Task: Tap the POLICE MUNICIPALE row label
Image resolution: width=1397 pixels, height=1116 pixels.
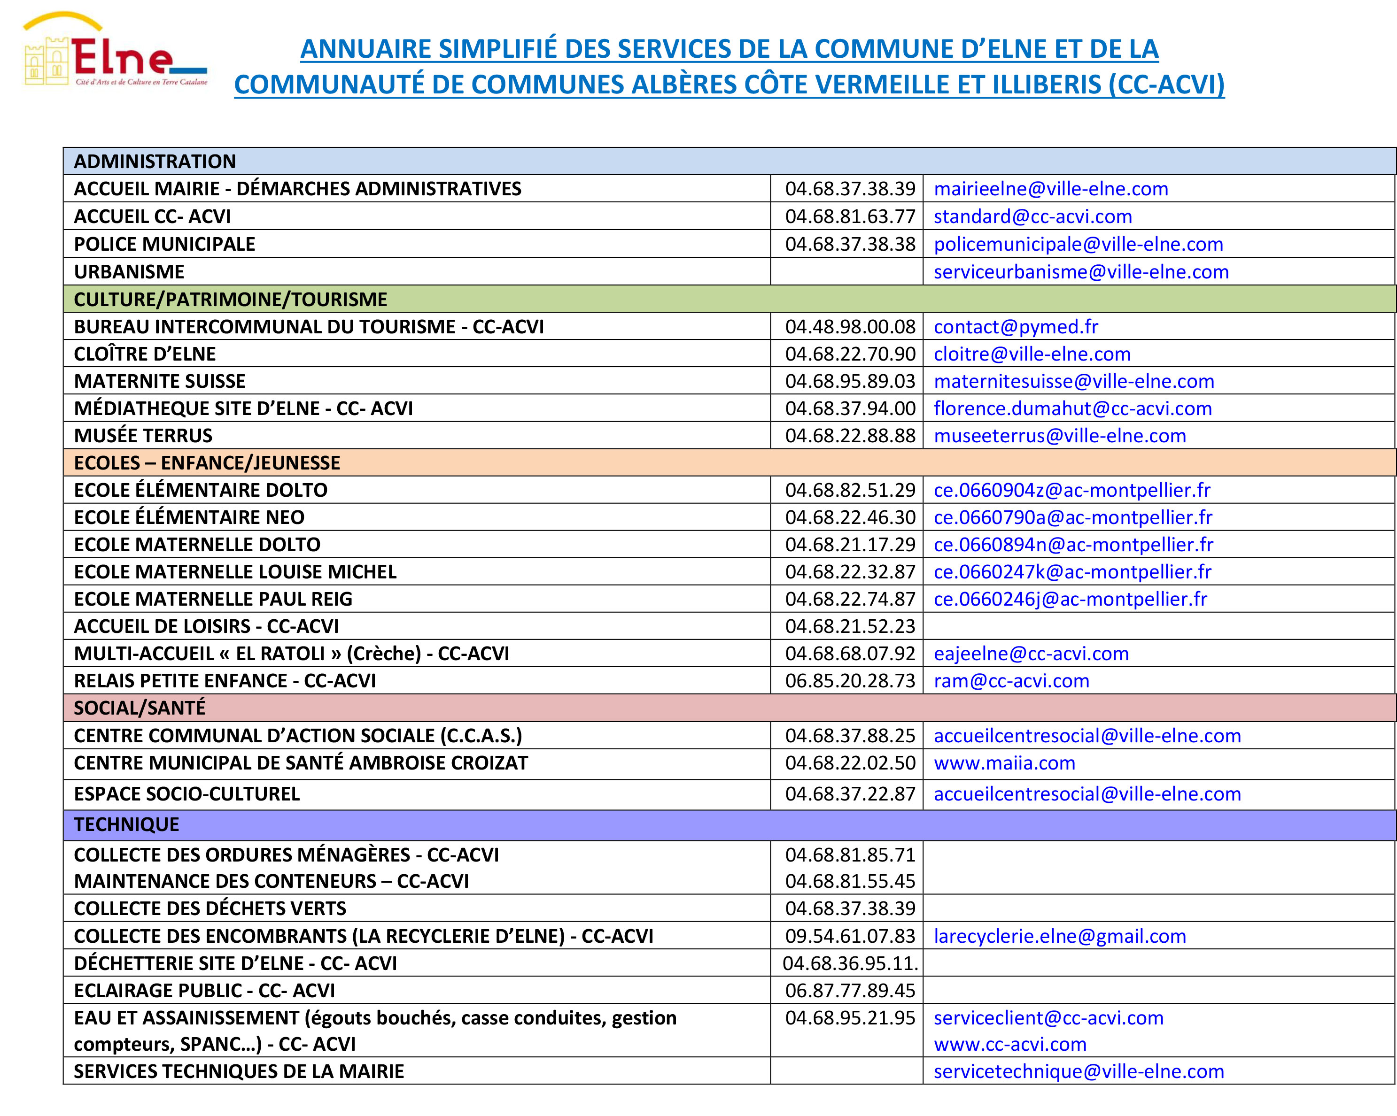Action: tap(164, 244)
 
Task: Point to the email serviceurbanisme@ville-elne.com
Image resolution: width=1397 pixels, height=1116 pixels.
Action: tap(1081, 272)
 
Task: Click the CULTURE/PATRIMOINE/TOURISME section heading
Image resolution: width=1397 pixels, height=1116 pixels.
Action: tap(230, 299)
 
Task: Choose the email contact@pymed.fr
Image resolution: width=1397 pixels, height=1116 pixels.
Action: tap(1016, 327)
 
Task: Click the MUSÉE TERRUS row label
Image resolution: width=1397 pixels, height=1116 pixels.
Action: tap(143, 436)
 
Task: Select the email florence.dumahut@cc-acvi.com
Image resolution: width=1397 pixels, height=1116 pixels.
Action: tap(1072, 409)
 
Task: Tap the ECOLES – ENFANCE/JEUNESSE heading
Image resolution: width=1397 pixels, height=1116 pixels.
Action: tap(207, 463)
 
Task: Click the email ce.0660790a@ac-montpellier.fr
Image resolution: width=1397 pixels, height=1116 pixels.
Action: tap(1072, 517)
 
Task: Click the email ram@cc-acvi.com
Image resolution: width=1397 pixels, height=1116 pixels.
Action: tap(1011, 681)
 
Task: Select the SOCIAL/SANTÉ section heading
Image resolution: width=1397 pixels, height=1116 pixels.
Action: tap(140, 708)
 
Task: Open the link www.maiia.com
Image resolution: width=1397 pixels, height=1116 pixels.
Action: tap(1004, 763)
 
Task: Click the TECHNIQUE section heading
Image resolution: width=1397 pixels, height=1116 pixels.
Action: tap(126, 824)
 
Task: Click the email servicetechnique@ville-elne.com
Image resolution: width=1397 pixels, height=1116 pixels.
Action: tap(1078, 1071)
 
